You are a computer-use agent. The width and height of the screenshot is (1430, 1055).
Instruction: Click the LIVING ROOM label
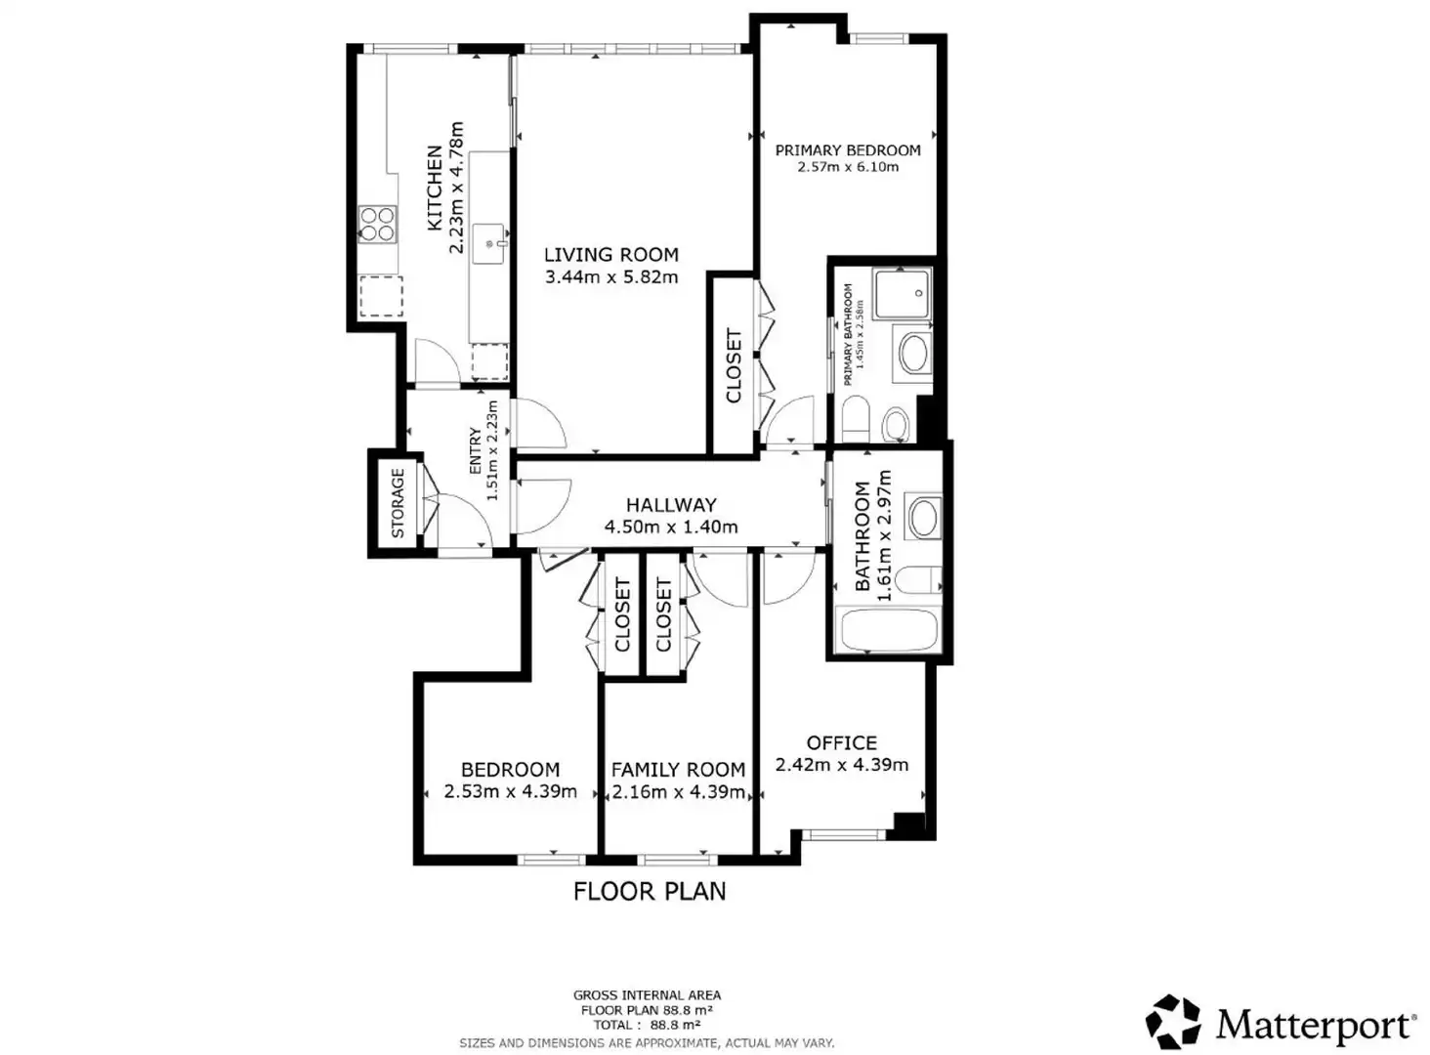(x=610, y=255)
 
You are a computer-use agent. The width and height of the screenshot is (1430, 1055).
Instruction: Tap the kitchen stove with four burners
(x=377, y=225)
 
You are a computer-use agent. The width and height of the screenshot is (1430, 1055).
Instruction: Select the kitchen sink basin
(x=490, y=244)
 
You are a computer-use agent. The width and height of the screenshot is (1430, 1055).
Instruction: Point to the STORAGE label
(x=398, y=503)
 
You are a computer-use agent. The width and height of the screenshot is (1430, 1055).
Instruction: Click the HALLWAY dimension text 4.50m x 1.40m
(x=671, y=527)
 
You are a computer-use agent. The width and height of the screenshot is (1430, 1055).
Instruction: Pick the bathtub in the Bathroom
(x=887, y=631)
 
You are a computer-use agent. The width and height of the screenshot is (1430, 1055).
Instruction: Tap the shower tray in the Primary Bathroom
(x=903, y=294)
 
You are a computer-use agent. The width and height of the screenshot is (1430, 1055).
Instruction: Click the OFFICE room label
(x=841, y=743)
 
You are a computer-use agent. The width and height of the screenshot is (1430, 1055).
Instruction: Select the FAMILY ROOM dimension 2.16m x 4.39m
(x=678, y=792)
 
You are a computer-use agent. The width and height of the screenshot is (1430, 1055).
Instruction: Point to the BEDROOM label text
(x=510, y=770)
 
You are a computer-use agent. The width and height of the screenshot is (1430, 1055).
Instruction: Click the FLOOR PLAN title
(x=650, y=892)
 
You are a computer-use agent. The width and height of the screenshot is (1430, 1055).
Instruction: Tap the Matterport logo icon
(x=1173, y=1021)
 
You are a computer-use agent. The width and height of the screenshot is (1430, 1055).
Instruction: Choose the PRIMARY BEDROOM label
(x=848, y=150)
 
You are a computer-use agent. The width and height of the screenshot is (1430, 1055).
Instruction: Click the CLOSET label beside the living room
(x=734, y=366)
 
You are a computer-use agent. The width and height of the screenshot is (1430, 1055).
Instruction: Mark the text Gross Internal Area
(x=647, y=995)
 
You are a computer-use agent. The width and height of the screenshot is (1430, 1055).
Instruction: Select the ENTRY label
(x=476, y=451)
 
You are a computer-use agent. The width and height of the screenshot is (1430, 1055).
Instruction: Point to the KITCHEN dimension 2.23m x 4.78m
(x=456, y=188)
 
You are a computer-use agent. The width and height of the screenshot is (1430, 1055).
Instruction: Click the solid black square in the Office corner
(x=909, y=825)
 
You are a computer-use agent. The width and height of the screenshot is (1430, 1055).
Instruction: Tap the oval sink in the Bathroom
(x=923, y=517)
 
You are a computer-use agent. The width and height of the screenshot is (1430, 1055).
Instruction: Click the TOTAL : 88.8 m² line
(x=647, y=1026)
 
